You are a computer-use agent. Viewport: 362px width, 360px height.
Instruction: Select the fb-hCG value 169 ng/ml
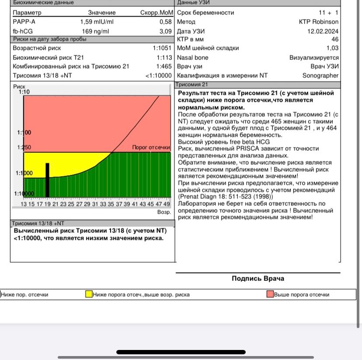pyautogui.click(x=95, y=31)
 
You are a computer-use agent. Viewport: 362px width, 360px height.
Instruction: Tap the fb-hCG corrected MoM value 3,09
pyautogui.click(x=165, y=31)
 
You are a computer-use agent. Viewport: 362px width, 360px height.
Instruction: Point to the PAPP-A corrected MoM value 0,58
pyautogui.click(x=165, y=21)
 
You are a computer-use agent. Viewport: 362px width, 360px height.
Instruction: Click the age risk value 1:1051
pyautogui.click(x=162, y=48)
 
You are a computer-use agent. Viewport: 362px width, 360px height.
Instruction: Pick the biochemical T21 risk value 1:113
pyautogui.click(x=164, y=57)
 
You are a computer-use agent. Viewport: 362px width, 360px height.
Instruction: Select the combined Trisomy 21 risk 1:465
pyautogui.click(x=164, y=66)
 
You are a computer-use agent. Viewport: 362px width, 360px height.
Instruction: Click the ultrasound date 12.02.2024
pyautogui.click(x=323, y=31)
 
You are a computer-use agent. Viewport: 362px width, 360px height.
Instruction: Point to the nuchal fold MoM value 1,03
pyautogui.click(x=332, y=48)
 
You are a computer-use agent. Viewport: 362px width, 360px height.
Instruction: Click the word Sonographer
pyautogui.click(x=320, y=75)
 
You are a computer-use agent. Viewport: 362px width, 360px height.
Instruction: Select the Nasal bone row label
pyautogui.click(x=192, y=57)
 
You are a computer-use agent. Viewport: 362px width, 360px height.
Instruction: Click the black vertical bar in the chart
pyautogui.click(x=48, y=180)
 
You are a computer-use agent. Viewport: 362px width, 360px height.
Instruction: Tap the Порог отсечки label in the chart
pyautogui.click(x=151, y=148)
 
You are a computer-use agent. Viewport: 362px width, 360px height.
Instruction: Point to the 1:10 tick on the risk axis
pyautogui.click(x=24, y=92)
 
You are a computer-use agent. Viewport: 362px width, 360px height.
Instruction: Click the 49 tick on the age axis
pyautogui.click(x=167, y=204)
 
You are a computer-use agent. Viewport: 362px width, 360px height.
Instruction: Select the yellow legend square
pyautogui.click(x=89, y=294)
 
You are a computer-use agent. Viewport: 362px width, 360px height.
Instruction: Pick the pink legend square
pyautogui.click(x=270, y=294)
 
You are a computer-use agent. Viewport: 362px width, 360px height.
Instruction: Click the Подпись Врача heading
pyautogui.click(x=258, y=278)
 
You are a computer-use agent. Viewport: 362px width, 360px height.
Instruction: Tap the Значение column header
pyautogui.click(x=101, y=13)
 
